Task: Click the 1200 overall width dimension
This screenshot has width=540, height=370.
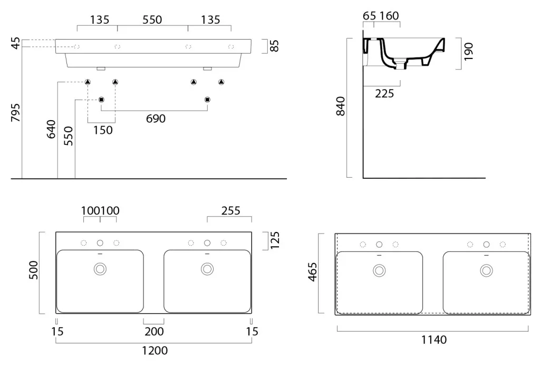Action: [155, 350]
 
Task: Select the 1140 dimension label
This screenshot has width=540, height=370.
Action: [434, 340]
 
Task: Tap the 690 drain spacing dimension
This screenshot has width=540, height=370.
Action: [156, 119]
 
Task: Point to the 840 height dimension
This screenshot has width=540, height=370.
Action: [340, 106]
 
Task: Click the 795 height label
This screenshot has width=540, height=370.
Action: [16, 113]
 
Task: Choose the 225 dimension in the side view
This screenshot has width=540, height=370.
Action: [384, 94]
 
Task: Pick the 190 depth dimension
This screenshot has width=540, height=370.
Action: [468, 52]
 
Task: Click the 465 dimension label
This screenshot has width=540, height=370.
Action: [312, 272]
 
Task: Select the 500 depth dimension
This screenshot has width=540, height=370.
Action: [33, 270]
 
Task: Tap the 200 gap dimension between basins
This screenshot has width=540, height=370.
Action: [154, 332]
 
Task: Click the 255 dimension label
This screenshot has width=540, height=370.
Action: [231, 211]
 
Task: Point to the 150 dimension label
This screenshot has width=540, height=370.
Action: [103, 130]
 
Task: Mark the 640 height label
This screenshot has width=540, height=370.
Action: [51, 130]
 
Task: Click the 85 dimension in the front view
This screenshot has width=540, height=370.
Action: [274, 46]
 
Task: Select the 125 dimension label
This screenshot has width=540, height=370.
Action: [274, 240]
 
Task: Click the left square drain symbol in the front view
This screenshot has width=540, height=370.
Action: [101, 100]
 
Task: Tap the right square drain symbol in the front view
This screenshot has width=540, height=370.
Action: [207, 100]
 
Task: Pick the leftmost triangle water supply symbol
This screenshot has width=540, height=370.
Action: [88, 82]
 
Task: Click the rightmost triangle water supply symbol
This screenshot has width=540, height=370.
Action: [221, 82]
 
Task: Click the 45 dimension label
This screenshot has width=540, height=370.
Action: [16, 43]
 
